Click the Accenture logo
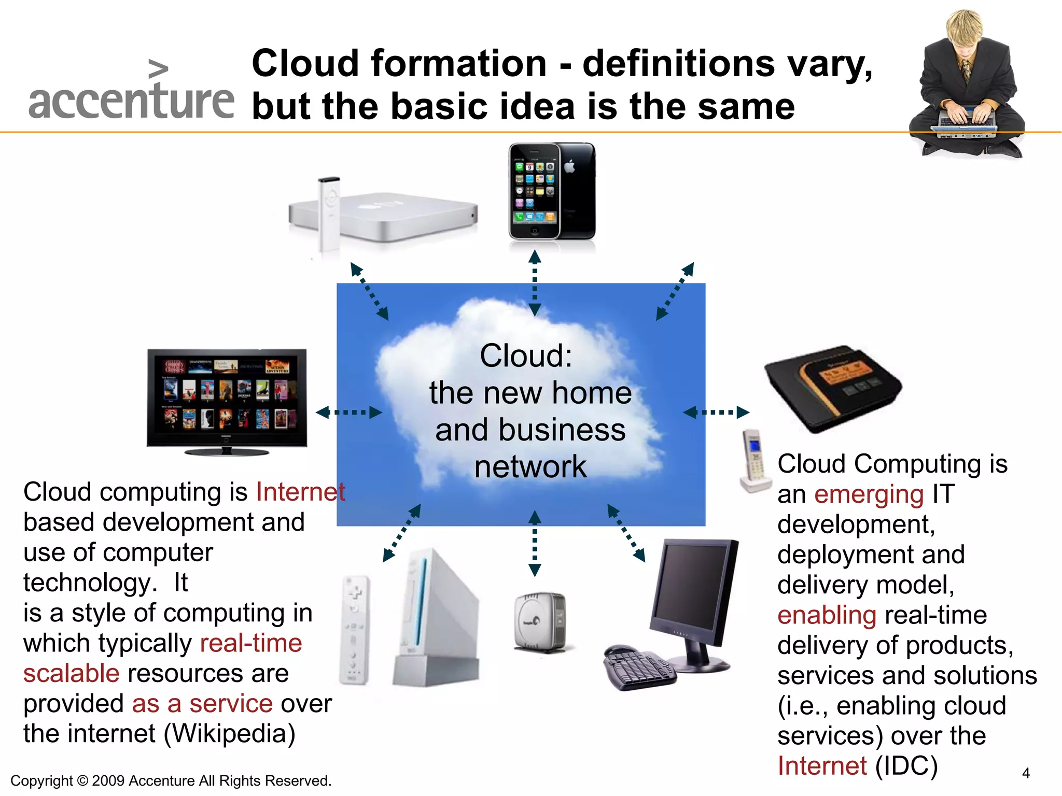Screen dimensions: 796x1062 tap(131, 93)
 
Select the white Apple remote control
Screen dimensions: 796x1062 tap(329, 212)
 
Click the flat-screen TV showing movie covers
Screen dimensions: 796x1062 tap(227, 398)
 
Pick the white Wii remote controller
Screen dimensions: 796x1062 tap(354, 630)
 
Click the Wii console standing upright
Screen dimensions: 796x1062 tap(436, 619)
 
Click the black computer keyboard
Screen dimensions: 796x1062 tap(639, 669)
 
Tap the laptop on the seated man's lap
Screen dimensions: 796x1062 tap(966, 124)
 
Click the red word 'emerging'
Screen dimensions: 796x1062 tap(869, 494)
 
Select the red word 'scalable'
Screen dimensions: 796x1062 tap(72, 674)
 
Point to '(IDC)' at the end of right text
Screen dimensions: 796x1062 tap(906, 766)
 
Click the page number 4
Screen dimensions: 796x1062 tap(1026, 774)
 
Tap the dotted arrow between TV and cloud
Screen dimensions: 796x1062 tap(348, 413)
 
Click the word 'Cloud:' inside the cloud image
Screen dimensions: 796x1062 tap(526, 356)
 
